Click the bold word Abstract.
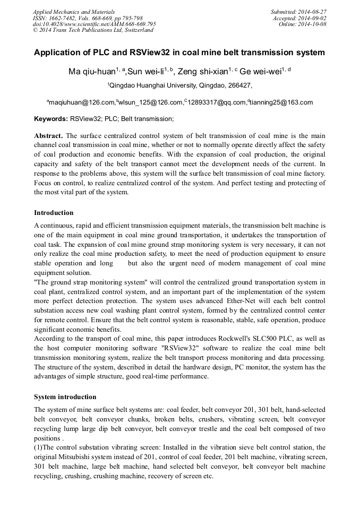(48, 136)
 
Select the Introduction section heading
(54, 213)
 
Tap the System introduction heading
(65, 397)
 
